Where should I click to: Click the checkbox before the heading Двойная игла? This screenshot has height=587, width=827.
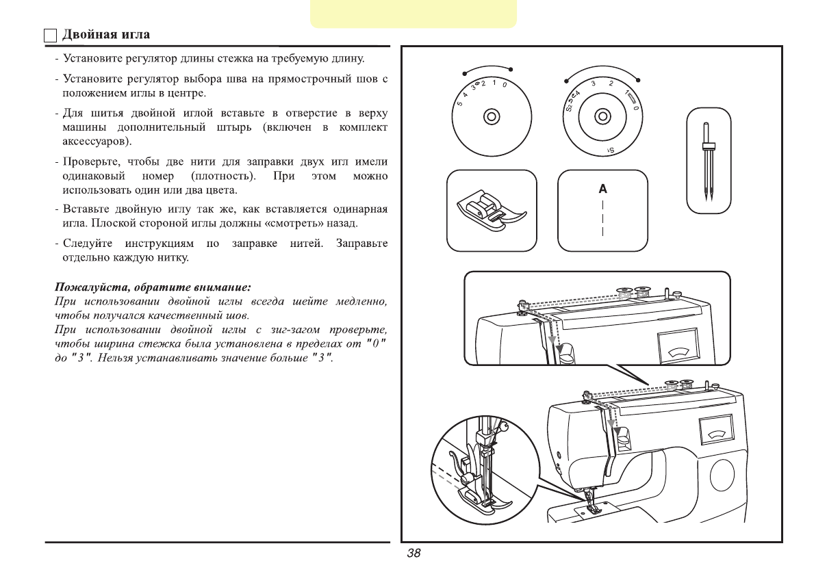point(51,35)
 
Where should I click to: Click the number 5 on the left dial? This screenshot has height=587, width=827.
point(458,103)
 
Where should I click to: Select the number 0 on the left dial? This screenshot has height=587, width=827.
point(504,86)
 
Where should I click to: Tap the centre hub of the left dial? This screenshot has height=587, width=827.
point(491,116)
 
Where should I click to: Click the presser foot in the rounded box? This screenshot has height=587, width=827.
point(491,210)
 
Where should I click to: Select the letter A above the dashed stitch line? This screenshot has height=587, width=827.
point(602,188)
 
